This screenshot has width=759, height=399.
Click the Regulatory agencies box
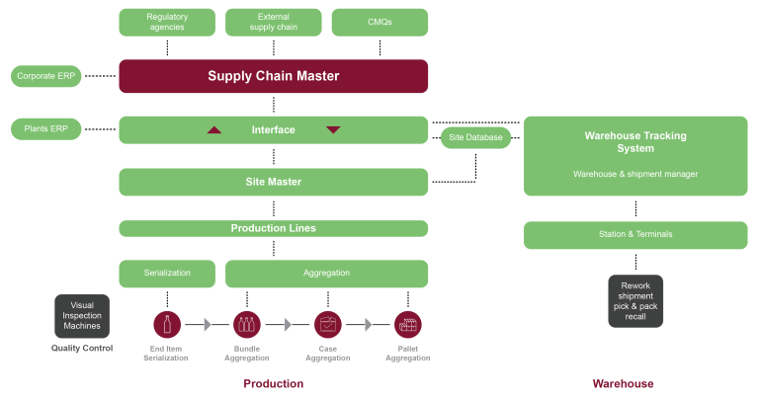point(167,22)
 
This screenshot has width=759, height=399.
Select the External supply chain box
point(274,22)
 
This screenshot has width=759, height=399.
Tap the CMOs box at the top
point(379,22)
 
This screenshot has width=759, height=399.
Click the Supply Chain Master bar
point(274,76)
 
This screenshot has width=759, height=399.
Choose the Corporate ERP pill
point(45,76)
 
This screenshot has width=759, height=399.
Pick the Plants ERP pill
point(45,128)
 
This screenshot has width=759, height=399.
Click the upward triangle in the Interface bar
point(214,129)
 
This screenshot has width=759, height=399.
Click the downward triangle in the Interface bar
point(333,129)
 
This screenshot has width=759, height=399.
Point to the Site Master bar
point(274,182)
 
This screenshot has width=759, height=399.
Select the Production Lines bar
point(274,228)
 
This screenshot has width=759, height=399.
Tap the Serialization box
point(167,273)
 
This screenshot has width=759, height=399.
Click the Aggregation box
point(326,273)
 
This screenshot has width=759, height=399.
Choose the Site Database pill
point(475,137)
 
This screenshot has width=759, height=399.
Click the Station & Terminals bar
point(635,234)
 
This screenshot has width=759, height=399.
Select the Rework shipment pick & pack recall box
point(635,300)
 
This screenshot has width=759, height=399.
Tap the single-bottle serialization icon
point(166,324)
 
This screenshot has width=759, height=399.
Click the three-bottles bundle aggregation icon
point(247,324)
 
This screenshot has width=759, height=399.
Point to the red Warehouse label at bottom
point(623,383)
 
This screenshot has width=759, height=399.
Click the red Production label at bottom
point(274,383)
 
